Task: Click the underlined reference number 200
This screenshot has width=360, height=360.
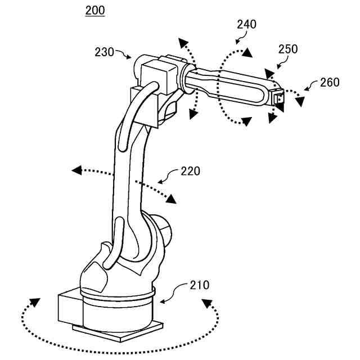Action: pos(94,11)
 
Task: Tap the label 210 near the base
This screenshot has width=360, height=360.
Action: pos(199,285)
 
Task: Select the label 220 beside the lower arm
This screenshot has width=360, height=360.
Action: pos(190,170)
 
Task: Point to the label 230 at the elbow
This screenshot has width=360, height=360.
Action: pos(105,52)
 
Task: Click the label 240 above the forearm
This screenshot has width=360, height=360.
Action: pos(246,24)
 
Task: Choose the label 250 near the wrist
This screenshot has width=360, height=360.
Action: pos(288,49)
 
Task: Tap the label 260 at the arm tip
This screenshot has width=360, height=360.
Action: pos(330,82)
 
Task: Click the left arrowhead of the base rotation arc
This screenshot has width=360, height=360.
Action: pos(35,303)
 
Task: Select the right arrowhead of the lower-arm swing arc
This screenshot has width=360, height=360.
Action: pos(171,199)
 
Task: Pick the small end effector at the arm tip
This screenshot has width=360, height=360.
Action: pos(278,97)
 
